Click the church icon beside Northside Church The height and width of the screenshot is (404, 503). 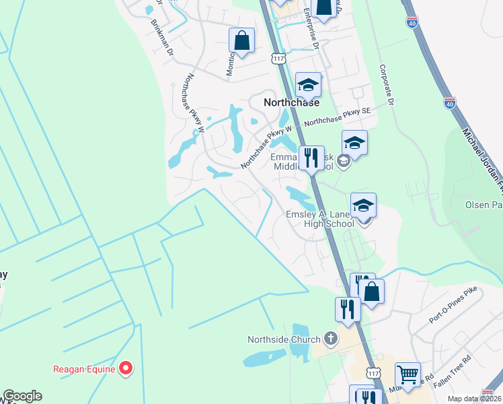point(330,338)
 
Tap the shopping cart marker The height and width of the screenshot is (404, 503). point(407,373)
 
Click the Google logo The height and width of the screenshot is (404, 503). point(22,396)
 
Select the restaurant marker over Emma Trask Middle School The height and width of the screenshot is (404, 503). point(311,158)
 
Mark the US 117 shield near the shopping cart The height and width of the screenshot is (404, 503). point(375,372)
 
